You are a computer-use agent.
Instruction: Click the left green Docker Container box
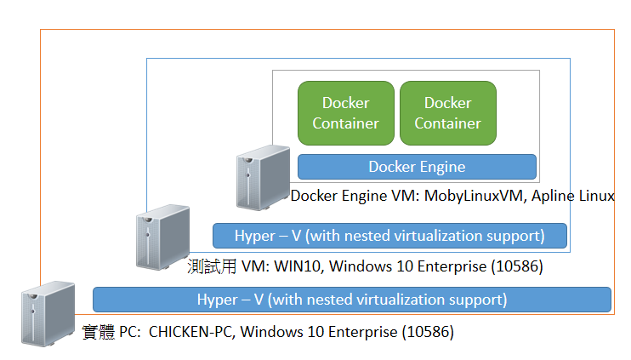pos(345,113)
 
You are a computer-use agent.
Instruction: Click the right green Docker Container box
pos(447,113)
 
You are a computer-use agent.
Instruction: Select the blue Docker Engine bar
pos(417,167)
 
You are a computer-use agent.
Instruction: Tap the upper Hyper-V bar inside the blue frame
pos(389,235)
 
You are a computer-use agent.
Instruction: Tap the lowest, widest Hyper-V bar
pos(352,300)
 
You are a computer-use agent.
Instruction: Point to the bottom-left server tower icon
pos(46,316)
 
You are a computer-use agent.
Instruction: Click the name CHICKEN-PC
pos(190,332)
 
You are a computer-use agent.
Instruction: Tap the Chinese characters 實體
pos(95,332)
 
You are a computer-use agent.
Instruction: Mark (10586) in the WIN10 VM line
pos(515,267)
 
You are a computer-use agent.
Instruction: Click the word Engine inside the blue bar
pos(441,167)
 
